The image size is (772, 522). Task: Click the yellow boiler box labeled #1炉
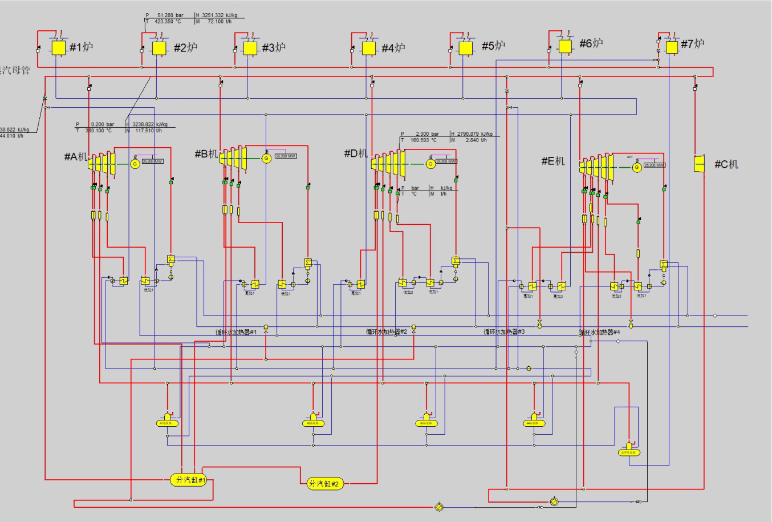click(58, 47)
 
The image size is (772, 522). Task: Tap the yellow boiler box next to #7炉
click(672, 46)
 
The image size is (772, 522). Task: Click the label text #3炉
click(274, 48)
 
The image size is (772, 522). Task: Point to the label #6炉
click(591, 43)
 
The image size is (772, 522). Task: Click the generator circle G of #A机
click(135, 164)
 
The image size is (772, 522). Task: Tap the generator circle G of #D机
click(430, 164)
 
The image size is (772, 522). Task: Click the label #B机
click(206, 154)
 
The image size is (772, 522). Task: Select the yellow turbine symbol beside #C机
click(700, 164)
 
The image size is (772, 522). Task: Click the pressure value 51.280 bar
click(166, 15)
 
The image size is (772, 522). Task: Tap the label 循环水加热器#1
click(236, 332)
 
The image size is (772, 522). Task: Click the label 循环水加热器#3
click(504, 332)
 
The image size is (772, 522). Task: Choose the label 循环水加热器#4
click(599, 332)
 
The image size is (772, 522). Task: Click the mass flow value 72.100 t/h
click(219, 22)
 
